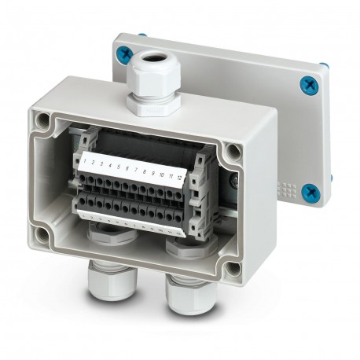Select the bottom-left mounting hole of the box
(x=46, y=233)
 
